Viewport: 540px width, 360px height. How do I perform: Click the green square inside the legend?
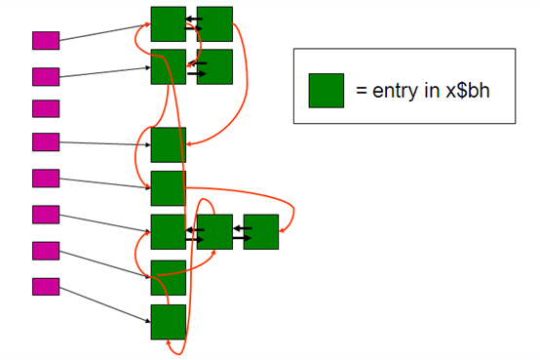326,90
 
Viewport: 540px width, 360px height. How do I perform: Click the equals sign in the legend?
361,91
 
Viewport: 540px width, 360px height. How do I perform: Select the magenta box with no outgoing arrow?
46,108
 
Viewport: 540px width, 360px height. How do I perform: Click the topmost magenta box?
46,40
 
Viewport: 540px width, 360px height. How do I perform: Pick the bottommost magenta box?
46,287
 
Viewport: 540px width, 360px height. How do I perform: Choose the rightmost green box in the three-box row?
261,231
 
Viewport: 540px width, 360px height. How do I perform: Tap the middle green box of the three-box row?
214,231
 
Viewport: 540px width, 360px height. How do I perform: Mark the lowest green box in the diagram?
168,321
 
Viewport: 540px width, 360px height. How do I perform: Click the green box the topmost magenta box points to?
168,23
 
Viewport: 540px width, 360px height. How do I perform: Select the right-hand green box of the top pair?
214,23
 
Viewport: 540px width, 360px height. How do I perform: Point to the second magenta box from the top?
46,76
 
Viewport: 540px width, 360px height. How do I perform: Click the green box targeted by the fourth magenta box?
168,144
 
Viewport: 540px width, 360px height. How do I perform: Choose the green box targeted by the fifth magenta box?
168,187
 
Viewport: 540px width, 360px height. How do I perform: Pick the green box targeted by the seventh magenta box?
168,277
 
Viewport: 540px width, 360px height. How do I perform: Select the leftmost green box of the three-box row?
168,231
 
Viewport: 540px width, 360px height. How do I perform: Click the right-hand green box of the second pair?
214,66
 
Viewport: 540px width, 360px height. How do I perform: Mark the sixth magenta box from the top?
46,215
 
